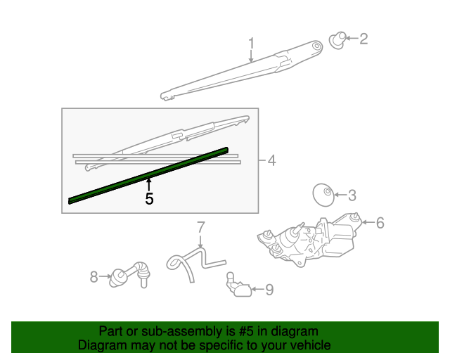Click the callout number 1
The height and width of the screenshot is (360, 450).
tap(251, 46)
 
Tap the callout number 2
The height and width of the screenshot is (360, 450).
tap(364, 39)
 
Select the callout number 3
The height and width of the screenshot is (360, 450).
tap(352, 195)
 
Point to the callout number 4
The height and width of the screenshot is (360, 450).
tap(271, 161)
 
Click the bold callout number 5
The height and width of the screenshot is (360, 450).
tap(149, 199)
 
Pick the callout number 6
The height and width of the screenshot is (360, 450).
tap(380, 223)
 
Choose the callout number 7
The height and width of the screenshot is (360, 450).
tap(200, 227)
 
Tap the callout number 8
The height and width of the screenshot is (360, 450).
tap(94, 277)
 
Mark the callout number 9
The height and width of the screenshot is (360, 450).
tap(270, 288)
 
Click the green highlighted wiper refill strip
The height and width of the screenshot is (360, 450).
tap(148, 175)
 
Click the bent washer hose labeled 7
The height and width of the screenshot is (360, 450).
tap(193, 261)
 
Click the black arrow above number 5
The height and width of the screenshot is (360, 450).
tap(148, 185)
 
